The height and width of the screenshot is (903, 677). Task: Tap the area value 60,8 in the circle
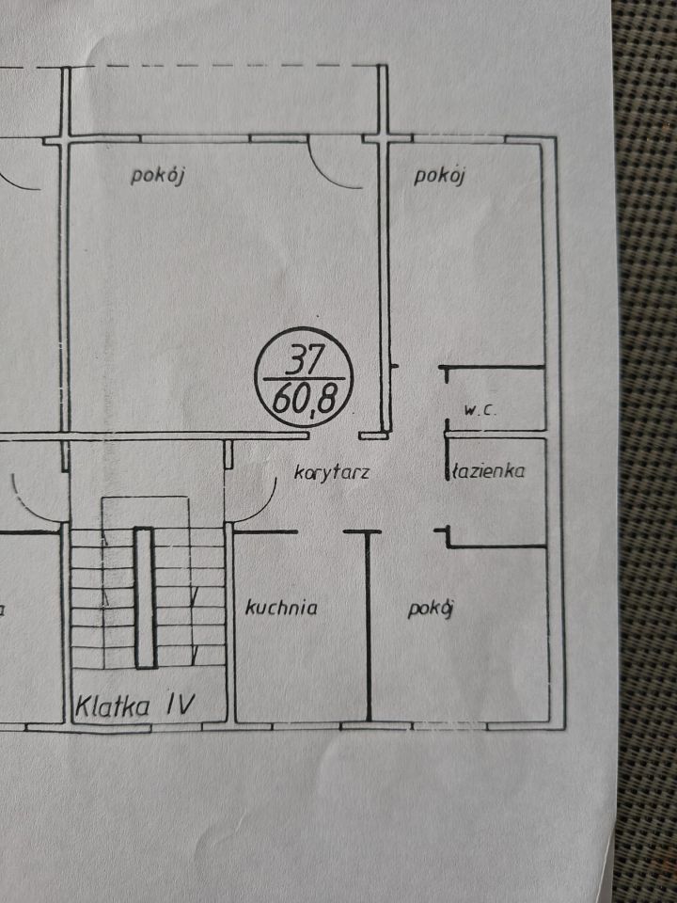[305, 400]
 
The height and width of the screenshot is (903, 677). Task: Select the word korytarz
[332, 472]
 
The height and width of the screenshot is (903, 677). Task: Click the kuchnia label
[281, 608]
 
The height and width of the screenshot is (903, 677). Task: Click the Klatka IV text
[135, 705]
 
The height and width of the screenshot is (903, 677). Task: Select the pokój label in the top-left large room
[157, 175]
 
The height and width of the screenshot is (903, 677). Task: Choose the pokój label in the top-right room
[439, 175]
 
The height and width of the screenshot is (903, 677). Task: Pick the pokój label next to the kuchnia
[431, 609]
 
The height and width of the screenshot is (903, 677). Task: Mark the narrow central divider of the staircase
[145, 598]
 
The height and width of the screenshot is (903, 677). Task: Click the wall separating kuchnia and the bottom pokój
[369, 626]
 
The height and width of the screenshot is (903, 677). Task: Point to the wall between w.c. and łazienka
[496, 435]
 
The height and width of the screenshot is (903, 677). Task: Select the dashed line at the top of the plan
[190, 66]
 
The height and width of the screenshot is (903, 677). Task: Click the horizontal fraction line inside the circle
[304, 379]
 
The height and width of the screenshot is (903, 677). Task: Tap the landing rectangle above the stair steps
[145, 512]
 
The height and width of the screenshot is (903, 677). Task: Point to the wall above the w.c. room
[492, 366]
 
